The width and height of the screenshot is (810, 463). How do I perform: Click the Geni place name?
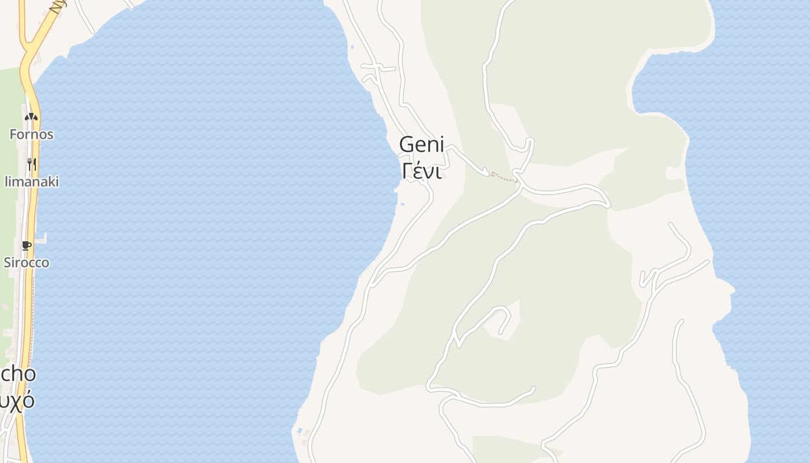point(421,145)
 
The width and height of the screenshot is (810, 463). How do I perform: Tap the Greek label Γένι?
point(421,171)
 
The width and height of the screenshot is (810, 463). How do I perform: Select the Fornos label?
point(31,134)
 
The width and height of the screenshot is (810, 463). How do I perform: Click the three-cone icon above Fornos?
point(31,116)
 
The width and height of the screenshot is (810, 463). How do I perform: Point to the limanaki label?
point(31,182)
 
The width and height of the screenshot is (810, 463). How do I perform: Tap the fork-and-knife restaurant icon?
point(31,164)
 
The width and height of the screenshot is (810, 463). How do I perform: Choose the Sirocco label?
point(27,262)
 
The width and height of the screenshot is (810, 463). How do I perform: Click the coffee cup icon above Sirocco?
point(26,245)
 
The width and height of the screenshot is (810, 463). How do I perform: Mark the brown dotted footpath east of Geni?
point(504,177)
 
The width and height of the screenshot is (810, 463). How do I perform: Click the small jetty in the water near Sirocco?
point(41,237)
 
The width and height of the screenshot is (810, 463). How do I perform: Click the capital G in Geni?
point(407,145)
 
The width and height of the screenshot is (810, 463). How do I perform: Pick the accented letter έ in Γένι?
point(418,171)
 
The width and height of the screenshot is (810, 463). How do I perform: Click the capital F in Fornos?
point(13,134)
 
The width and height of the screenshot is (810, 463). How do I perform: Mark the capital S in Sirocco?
point(8,262)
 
